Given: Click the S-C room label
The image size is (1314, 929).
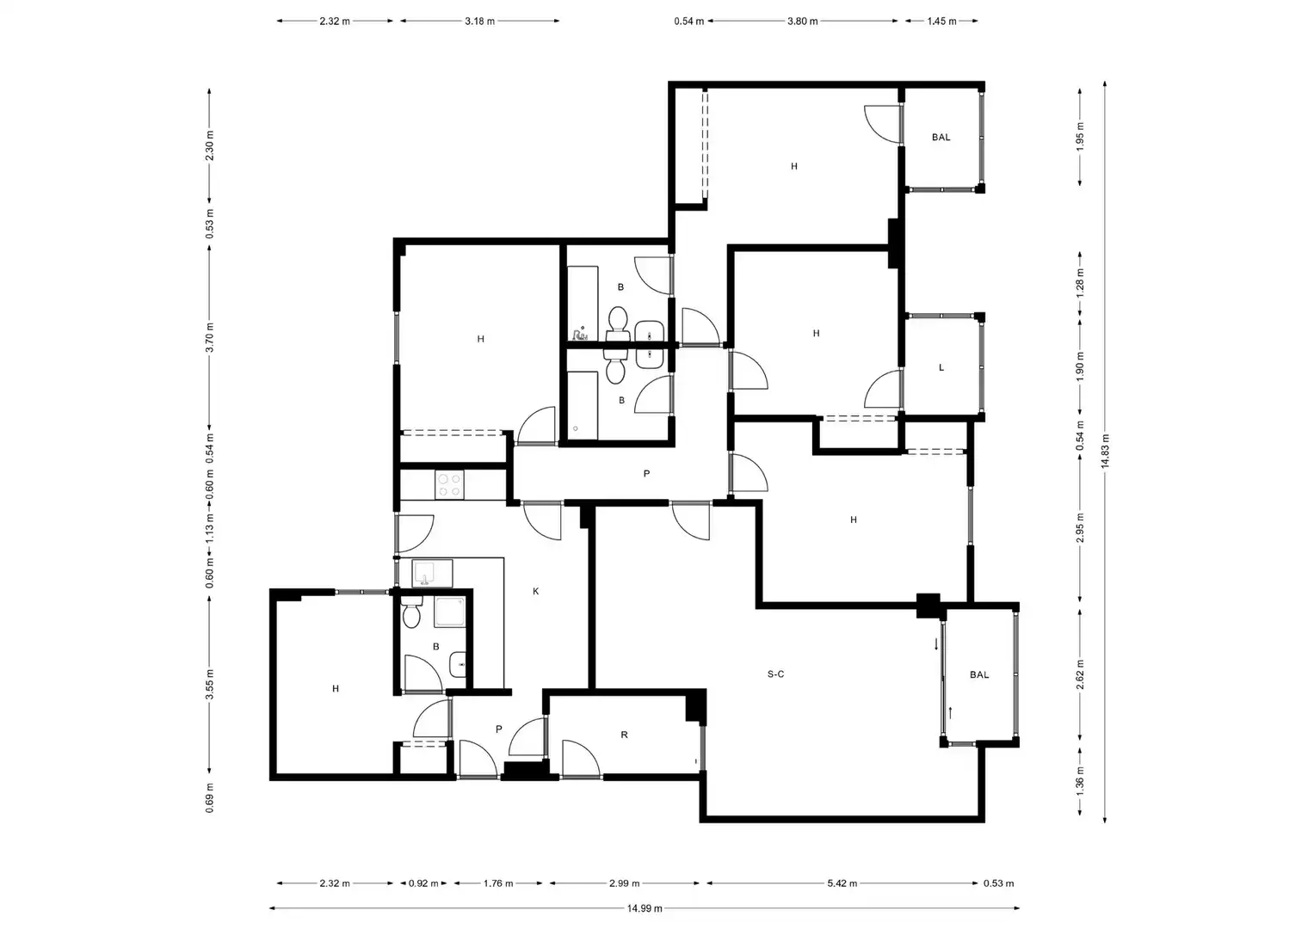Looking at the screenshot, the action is (x=775, y=674).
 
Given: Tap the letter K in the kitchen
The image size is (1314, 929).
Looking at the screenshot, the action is (x=535, y=591).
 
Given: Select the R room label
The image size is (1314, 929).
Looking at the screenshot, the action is (x=624, y=735).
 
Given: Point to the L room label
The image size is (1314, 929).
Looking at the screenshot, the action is (x=941, y=368).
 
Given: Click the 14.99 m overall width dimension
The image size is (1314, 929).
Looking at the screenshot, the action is (x=645, y=908).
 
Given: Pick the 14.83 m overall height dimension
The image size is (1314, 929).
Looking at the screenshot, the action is (x=1105, y=451).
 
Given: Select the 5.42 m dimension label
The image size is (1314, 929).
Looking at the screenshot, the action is (x=842, y=883).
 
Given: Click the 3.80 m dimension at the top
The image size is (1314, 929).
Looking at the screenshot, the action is (x=803, y=22).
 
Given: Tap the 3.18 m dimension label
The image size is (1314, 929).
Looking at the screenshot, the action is (x=480, y=22).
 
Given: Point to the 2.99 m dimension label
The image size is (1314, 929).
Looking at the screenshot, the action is (x=624, y=883).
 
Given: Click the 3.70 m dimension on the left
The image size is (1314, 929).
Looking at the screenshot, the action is (x=209, y=337).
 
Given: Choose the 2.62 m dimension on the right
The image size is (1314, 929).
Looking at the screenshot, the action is (x=1080, y=675).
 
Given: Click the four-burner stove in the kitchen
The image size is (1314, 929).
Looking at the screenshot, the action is (x=449, y=485).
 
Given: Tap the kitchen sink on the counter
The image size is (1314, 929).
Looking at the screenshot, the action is (x=432, y=574).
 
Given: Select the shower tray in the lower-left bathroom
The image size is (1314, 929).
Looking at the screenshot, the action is (x=450, y=612).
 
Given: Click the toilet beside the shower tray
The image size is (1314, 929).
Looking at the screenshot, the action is (x=412, y=612).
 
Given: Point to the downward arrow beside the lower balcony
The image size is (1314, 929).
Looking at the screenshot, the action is (x=936, y=644).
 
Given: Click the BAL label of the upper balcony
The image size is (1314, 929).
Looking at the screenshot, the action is (x=941, y=138).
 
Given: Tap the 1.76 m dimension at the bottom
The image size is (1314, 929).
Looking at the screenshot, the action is (x=498, y=883).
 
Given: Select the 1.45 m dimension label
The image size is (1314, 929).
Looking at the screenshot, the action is (x=941, y=22).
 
